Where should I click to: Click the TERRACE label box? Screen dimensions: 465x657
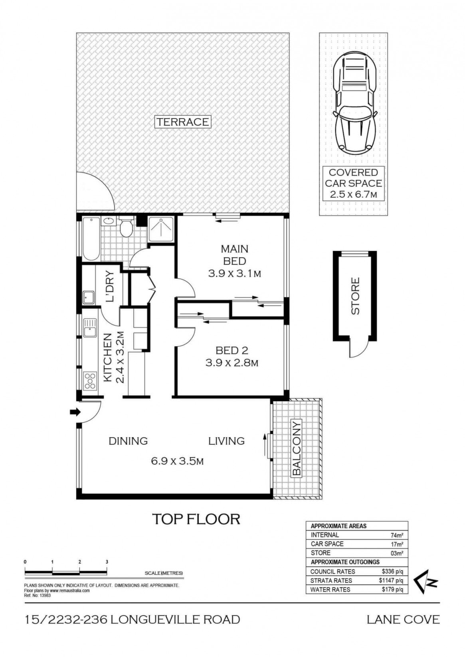point(182,122)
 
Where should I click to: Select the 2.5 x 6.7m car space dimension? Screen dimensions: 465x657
point(354,194)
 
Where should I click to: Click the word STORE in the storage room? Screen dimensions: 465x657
point(355,296)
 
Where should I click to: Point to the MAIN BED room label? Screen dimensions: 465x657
point(234,255)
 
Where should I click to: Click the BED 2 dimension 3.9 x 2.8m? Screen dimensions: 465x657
point(232,363)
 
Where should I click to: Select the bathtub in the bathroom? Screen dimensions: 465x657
point(91,239)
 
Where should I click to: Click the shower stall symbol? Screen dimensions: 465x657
point(161,229)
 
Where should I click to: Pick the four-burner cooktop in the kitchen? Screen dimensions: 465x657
point(91,381)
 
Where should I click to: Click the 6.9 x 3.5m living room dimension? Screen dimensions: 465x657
point(177,462)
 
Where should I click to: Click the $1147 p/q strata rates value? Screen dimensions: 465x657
point(391,580)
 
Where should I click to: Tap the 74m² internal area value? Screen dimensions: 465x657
point(398,535)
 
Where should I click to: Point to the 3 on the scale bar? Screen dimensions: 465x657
point(107,562)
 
